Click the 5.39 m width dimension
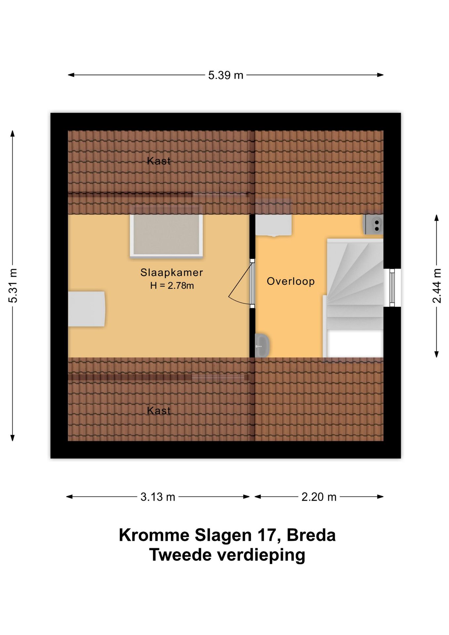(225, 75)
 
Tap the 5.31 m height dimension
(13, 286)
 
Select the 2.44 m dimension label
(436, 286)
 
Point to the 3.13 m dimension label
(158, 497)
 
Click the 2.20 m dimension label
(319, 497)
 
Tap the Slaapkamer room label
(172, 273)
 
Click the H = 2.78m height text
(172, 285)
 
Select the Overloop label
(291, 281)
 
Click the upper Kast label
(159, 161)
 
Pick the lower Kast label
(159, 411)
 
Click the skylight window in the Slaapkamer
(166, 235)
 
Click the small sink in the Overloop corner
(262, 345)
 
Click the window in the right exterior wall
(392, 287)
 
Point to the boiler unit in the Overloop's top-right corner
(374, 224)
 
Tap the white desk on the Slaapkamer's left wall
(86, 309)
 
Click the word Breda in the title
(311, 535)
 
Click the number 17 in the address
(266, 535)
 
